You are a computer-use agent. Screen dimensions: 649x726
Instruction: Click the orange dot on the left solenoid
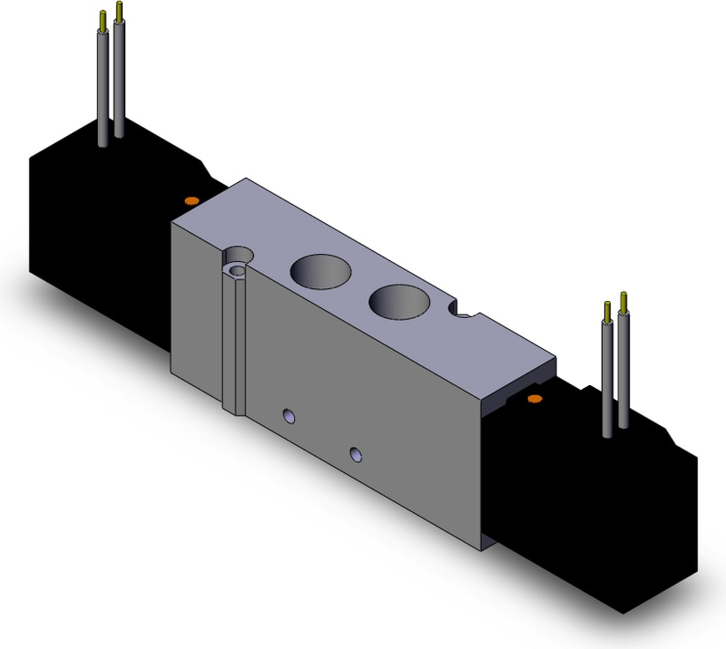click(191, 199)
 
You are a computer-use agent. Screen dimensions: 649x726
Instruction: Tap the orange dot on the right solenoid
click(535, 398)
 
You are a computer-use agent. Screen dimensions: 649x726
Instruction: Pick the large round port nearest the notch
click(397, 301)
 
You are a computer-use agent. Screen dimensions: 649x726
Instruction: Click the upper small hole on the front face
click(289, 416)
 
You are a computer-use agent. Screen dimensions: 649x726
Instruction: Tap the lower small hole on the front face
click(356, 452)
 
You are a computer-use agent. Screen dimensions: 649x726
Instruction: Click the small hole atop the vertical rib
click(238, 271)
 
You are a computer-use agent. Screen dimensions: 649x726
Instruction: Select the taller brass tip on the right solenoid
click(623, 300)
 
